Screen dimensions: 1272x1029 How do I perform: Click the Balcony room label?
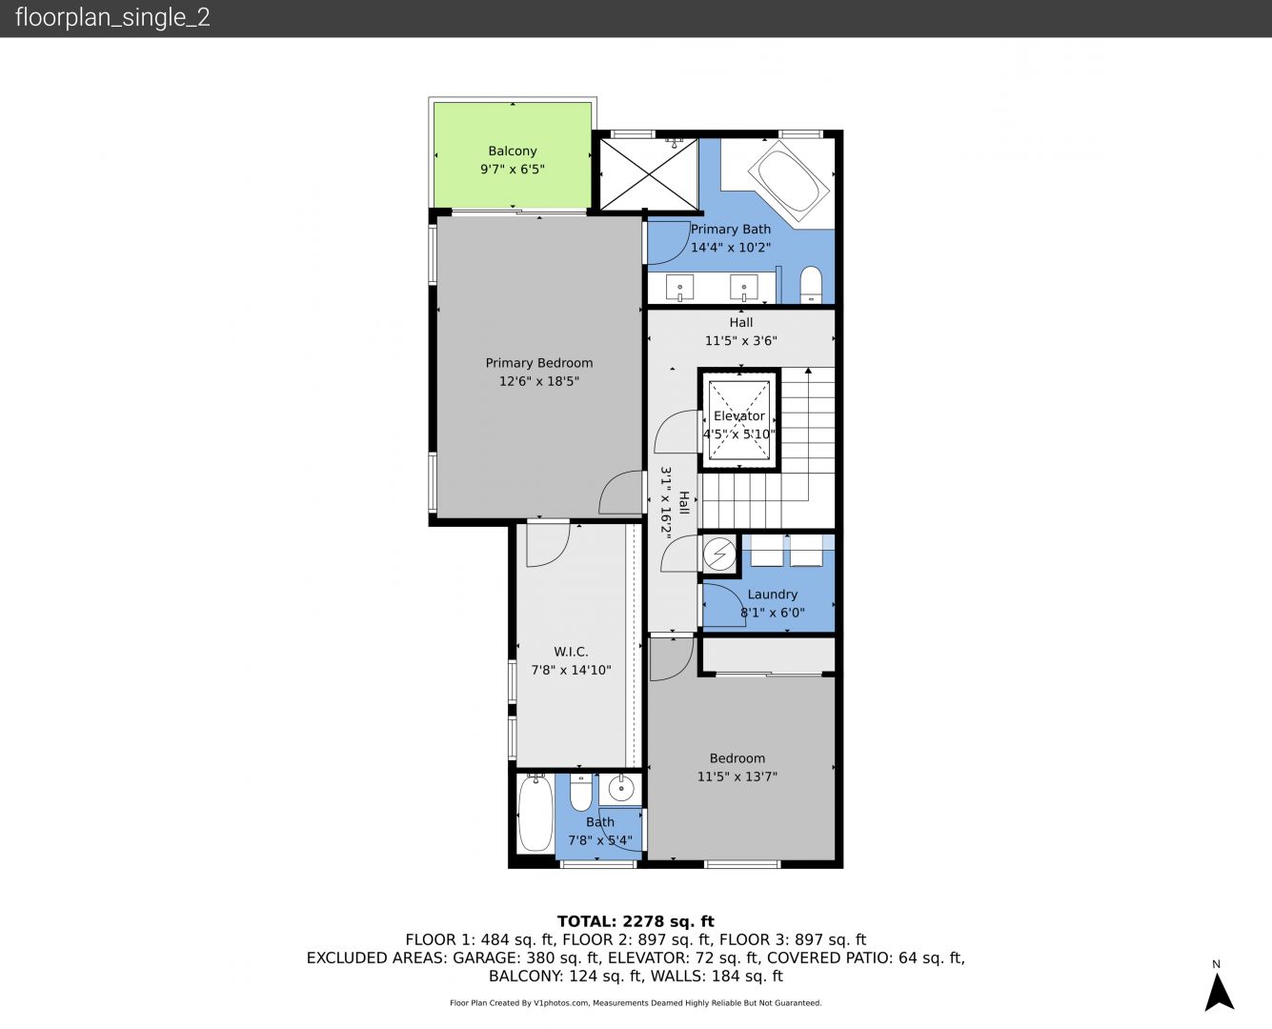(513, 151)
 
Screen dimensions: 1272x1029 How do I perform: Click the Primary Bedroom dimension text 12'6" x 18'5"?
(539, 381)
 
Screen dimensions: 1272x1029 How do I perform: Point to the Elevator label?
(739, 415)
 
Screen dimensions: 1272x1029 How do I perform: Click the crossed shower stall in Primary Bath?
(649, 174)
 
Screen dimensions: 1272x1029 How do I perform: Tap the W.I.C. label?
(571, 652)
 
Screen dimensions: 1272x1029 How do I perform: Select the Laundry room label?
(772, 595)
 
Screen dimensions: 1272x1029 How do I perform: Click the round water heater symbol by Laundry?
(719, 555)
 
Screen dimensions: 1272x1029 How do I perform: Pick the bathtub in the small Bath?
(535, 813)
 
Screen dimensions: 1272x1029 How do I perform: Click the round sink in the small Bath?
(621, 789)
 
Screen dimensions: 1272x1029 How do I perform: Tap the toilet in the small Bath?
(580, 792)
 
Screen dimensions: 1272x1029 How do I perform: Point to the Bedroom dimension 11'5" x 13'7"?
(737, 777)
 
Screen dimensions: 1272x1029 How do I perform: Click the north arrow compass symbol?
(1219, 992)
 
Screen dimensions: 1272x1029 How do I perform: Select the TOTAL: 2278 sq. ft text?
(636, 921)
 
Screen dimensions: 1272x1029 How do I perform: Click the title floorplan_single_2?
(112, 18)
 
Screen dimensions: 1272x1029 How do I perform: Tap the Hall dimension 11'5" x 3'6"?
(741, 340)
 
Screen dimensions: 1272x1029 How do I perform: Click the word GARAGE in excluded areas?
(486, 958)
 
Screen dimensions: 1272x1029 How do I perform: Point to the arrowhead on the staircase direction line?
(808, 371)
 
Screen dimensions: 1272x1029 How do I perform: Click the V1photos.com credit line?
(636, 1002)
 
